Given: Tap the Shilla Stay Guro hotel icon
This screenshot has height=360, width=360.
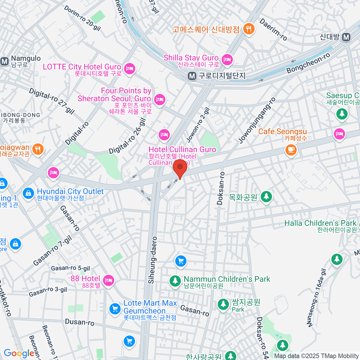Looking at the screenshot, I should (x=228, y=59).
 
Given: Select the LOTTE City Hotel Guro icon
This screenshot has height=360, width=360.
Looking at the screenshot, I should (x=130, y=68).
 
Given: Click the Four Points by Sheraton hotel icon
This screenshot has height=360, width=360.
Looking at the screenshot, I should (x=159, y=99).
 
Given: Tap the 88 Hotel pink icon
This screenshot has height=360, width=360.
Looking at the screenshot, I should (x=108, y=280).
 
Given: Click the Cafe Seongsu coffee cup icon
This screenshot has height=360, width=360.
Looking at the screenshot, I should (x=290, y=149).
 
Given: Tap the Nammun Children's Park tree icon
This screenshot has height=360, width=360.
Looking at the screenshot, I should (x=175, y=281).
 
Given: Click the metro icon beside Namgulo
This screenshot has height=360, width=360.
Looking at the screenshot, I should (x=4, y=61).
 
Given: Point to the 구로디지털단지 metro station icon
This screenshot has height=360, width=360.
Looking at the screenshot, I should (x=192, y=76).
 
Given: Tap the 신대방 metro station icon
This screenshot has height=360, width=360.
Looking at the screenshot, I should (x=346, y=37).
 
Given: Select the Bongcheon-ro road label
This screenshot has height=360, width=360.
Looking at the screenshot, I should (x=308, y=63).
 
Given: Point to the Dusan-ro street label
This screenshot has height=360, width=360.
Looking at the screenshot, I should (x=79, y=322).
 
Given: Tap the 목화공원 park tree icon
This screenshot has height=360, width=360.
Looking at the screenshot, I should (x=266, y=197).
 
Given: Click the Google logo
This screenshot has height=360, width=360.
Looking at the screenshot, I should (x=19, y=353).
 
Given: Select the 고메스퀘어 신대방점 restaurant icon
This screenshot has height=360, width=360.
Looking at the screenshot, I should (x=249, y=29).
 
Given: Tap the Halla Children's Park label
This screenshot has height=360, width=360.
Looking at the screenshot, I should (x=320, y=223).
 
